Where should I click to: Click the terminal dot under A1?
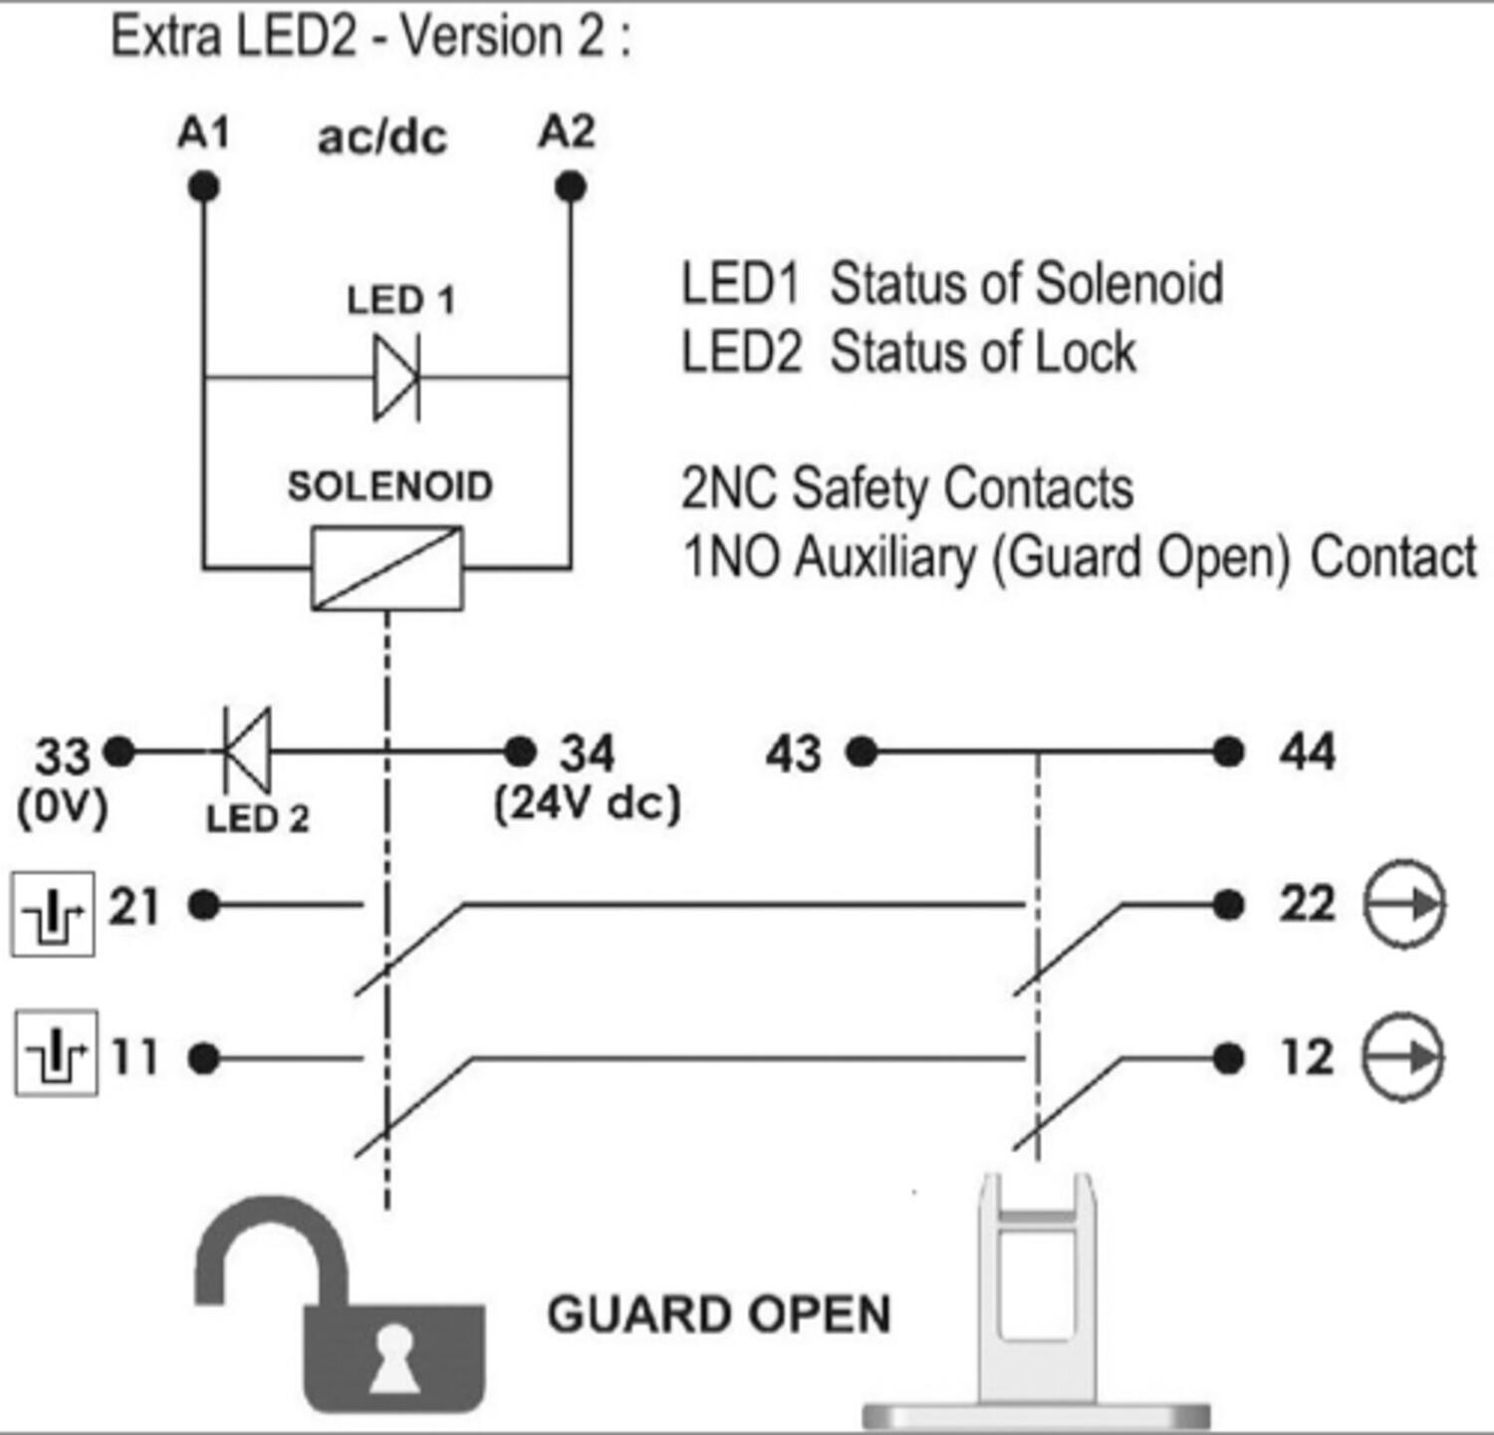[x=203, y=186]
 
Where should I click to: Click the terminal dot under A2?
[x=570, y=186]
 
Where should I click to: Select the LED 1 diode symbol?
[x=397, y=378]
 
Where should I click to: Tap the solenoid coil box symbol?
[x=387, y=568]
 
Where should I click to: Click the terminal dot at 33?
[x=120, y=751]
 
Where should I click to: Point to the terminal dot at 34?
[x=520, y=751]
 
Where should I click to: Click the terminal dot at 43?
[x=862, y=751]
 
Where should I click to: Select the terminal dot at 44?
[x=1228, y=751]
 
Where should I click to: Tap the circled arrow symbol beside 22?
[x=1403, y=904]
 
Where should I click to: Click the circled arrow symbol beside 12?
[x=1402, y=1057]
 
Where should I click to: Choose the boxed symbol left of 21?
[x=54, y=914]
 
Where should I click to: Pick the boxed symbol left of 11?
[x=56, y=1053]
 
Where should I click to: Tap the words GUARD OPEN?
[x=719, y=1314]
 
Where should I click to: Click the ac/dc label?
[x=382, y=138]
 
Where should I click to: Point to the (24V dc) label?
[x=588, y=803]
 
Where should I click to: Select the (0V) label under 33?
[x=62, y=807]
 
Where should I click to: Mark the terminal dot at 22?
[x=1228, y=905]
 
